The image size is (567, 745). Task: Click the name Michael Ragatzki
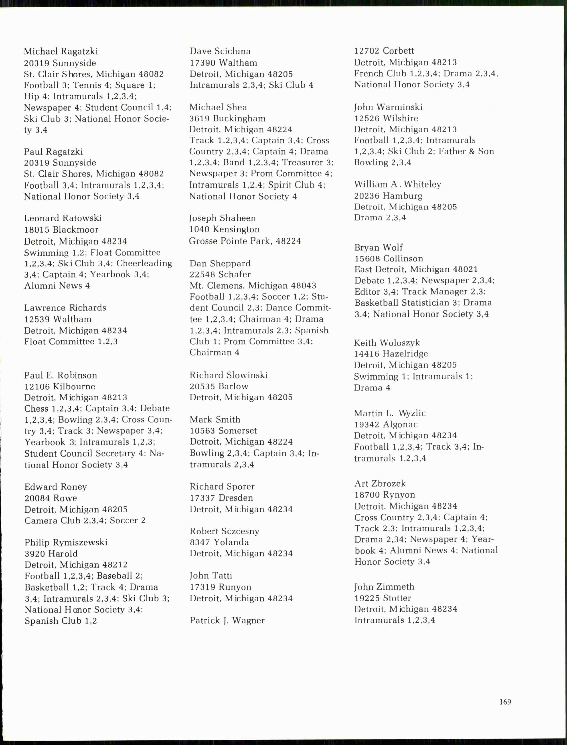61,51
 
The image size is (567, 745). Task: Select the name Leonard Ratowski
63,218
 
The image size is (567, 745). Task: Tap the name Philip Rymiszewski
66,542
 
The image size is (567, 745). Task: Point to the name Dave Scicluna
220,51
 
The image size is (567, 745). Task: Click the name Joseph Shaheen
222,218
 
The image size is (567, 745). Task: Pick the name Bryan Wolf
378,248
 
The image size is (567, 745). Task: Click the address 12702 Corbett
384,51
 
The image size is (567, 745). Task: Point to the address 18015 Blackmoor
61,230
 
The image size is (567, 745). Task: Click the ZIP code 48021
465,270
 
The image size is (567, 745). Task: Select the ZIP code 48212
115,565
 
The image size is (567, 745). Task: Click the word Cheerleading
144,263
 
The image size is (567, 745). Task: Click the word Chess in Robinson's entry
36,409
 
